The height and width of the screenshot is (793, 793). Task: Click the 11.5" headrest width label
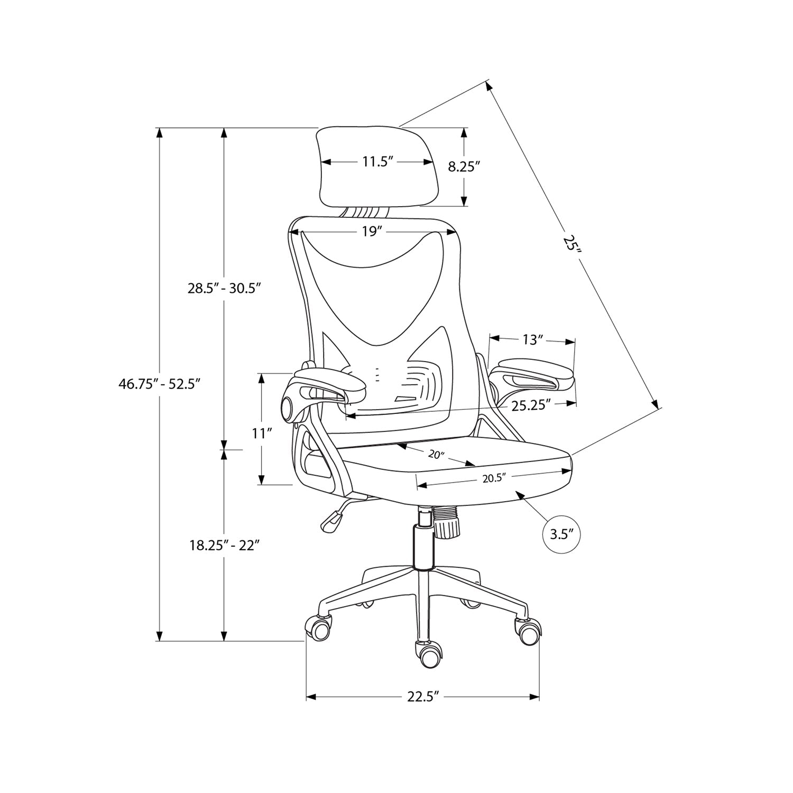tap(379, 162)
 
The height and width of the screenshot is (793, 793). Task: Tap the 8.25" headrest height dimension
tap(464, 167)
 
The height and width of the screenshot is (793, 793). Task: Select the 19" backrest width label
tap(372, 232)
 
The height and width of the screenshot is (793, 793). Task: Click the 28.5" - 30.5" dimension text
tap(224, 289)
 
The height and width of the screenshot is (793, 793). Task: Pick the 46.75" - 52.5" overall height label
tap(159, 384)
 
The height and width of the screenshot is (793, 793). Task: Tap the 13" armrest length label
tap(533, 340)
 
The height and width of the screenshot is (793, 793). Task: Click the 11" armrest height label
tap(262, 434)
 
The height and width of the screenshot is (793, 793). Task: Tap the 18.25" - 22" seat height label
tap(224, 546)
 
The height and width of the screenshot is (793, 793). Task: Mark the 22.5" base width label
tap(423, 697)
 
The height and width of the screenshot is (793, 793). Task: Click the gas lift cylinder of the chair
tap(422, 545)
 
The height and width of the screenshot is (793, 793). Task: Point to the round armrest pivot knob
tap(289, 408)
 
